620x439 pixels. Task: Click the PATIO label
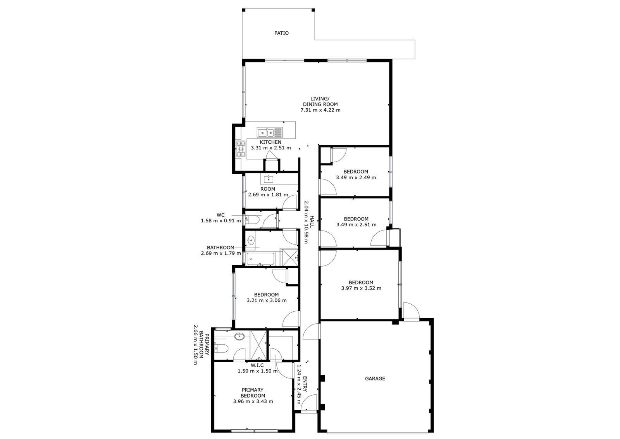281,33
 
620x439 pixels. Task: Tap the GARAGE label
375,378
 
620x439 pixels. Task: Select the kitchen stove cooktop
241,149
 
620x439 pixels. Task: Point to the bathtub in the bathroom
260,259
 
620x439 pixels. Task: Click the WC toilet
252,220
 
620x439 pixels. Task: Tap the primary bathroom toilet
221,348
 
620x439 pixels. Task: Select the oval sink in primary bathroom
239,337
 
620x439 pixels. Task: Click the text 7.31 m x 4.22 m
320,110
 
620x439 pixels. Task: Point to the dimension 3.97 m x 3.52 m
361,288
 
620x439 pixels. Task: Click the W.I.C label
257,366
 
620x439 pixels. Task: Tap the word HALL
312,222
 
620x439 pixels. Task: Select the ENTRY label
305,384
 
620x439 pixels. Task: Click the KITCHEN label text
270,142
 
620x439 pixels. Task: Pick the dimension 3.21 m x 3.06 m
267,300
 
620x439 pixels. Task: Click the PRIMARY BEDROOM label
253,393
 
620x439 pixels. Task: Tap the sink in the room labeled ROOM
268,179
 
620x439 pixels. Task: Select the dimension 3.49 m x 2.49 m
356,177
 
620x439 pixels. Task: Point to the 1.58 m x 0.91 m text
221,221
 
